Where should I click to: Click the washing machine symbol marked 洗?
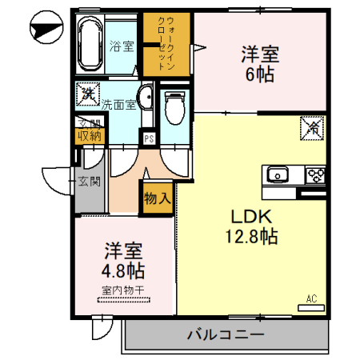point(86,94)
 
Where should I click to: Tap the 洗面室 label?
point(118,104)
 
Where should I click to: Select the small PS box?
point(149,138)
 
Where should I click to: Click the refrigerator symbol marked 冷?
point(312,127)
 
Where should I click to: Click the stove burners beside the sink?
point(314,174)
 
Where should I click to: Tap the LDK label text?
point(254,216)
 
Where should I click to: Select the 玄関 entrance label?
point(89,182)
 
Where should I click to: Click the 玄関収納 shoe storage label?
point(90,130)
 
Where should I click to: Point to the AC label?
point(312,299)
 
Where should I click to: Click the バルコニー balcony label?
point(225,334)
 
